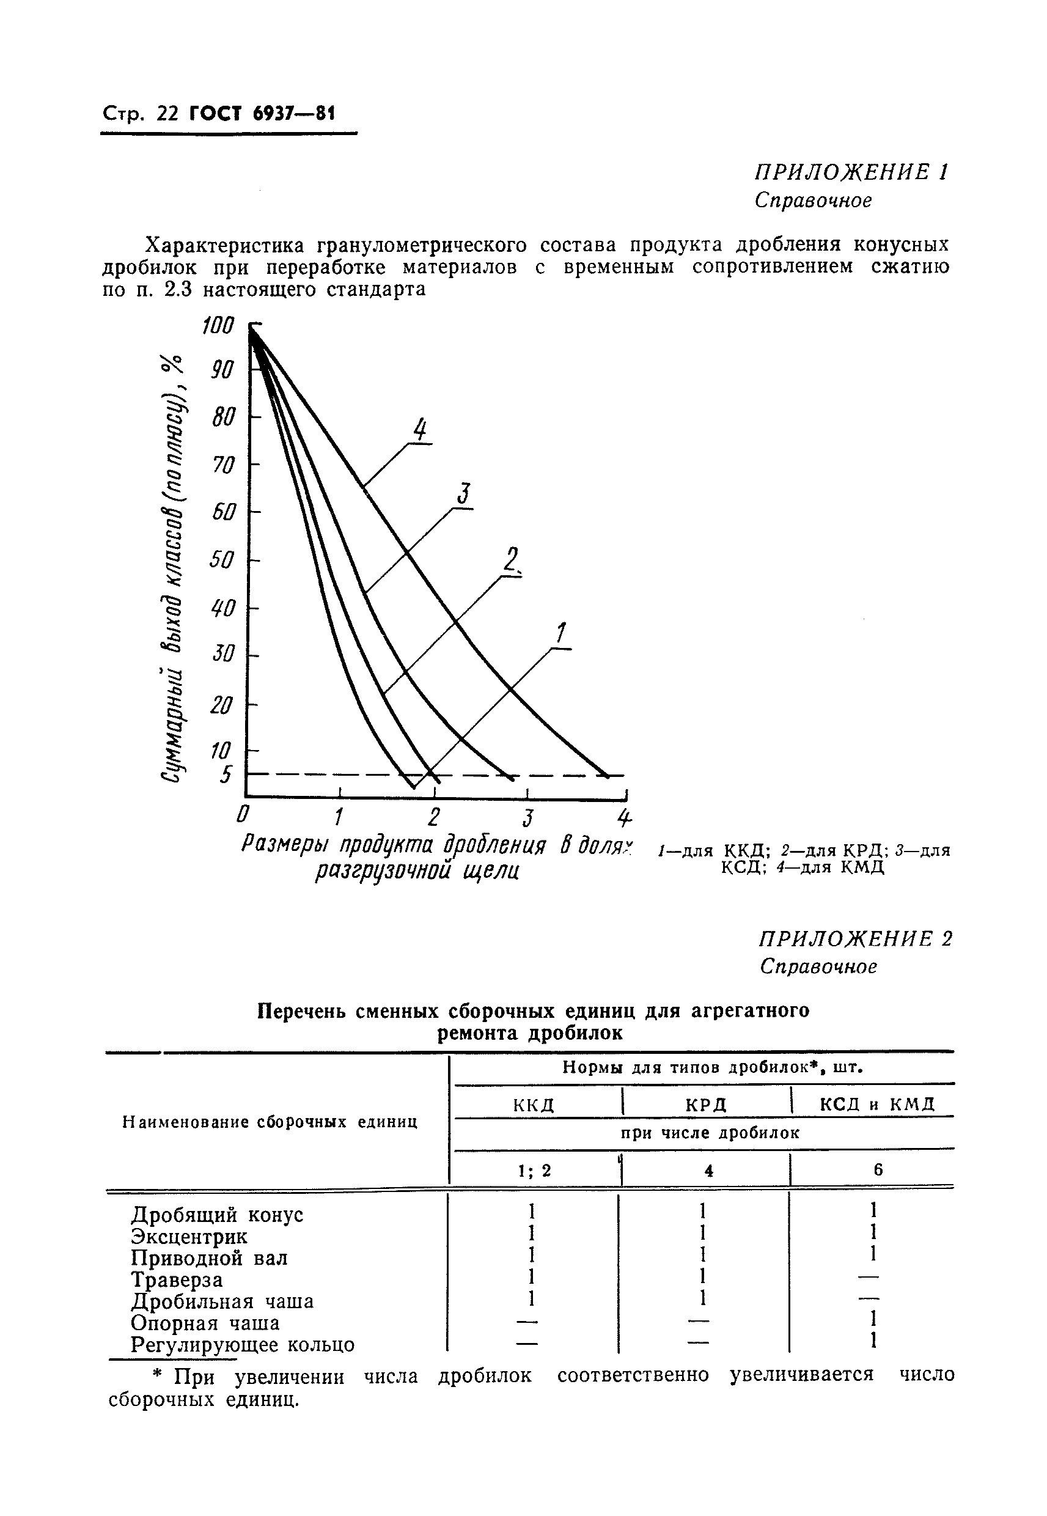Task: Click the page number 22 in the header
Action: click(x=167, y=115)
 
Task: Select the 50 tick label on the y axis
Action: click(x=222, y=560)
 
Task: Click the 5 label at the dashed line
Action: click(x=226, y=775)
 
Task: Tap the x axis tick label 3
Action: click(x=527, y=818)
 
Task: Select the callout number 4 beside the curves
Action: click(x=420, y=431)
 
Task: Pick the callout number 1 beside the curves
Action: click(x=561, y=634)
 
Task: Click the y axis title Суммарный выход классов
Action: click(x=171, y=571)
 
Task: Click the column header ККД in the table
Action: click(x=534, y=1105)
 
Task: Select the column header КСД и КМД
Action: click(x=877, y=1104)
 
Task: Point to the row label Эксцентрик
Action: click(x=189, y=1237)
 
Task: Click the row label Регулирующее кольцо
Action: click(x=243, y=1345)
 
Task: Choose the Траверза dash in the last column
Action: click(x=868, y=1277)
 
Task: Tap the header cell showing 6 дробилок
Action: click(x=878, y=1169)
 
